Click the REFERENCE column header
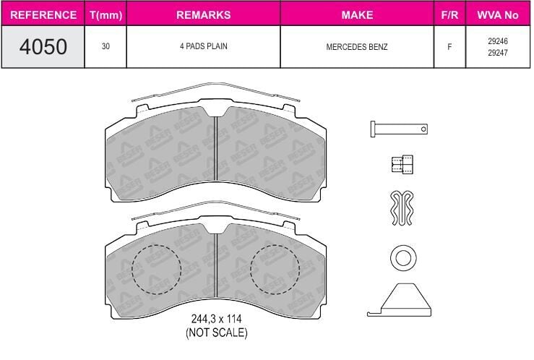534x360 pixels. pos(43,15)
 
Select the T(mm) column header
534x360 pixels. pos(106,15)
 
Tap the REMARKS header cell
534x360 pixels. pos(204,15)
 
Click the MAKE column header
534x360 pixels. pos(357,15)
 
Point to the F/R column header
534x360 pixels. pos(449,15)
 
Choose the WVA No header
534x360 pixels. pos(498,15)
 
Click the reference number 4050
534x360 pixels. pos(43,47)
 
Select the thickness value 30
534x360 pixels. pos(105,46)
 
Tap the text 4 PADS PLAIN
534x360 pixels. pos(204,46)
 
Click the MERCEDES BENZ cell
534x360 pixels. pos(357,47)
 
